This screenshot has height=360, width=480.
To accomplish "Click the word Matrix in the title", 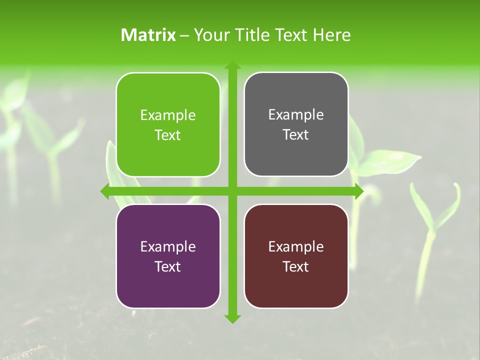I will (148, 35).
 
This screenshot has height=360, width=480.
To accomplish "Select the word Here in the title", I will (331, 35).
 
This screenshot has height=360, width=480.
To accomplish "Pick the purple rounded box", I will (168, 285).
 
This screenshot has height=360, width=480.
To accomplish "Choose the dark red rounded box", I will (296, 285).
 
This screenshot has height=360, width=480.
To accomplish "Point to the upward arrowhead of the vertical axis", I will (232, 65).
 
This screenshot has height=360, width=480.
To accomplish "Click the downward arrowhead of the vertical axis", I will (232, 318).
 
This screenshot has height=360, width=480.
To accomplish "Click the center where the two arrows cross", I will (232, 191).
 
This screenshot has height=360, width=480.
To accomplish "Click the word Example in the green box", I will (168, 115).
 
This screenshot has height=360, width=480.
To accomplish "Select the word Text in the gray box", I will (296, 135).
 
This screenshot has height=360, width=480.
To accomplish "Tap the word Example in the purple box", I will (168, 247).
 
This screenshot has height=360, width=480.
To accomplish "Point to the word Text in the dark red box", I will (296, 267).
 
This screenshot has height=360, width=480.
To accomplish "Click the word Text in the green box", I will (168, 135).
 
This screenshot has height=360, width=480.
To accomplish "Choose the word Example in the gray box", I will (296, 115).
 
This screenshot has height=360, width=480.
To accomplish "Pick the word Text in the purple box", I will (168, 267).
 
